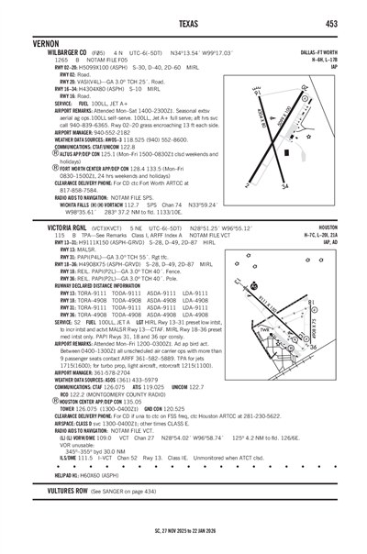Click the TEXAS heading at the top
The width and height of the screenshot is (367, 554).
pyautogui.click(x=183, y=23)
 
